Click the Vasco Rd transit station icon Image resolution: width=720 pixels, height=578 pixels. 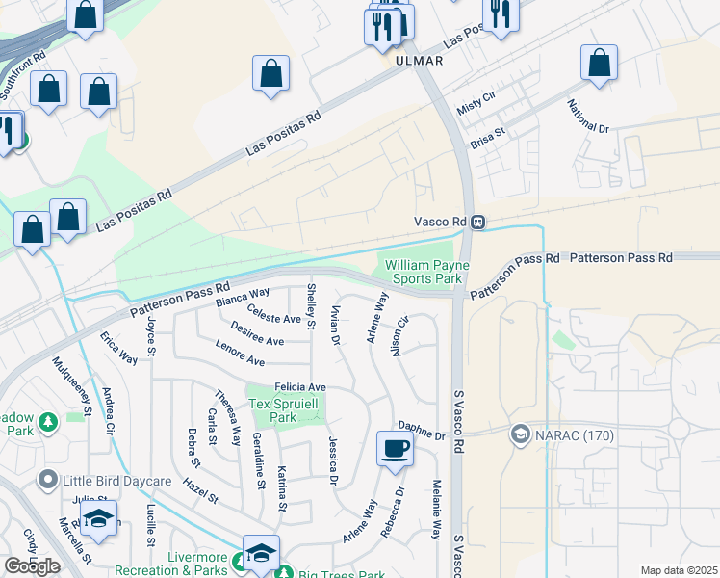coord(478,223)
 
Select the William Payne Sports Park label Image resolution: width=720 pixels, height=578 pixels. coord(424,272)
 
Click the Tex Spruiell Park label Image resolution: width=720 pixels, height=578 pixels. coord(285,410)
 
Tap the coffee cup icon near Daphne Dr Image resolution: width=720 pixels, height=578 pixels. coord(395,448)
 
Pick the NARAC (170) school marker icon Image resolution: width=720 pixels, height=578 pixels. coord(521,433)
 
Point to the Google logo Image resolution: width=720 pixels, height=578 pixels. coord(32,566)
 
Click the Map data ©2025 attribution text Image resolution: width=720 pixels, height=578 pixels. coord(679,570)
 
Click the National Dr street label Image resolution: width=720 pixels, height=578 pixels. coord(588,116)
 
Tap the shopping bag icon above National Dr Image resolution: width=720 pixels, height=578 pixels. coord(599,63)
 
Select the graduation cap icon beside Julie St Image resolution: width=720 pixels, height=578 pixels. coord(98,518)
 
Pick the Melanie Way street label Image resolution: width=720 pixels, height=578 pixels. coord(436,509)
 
